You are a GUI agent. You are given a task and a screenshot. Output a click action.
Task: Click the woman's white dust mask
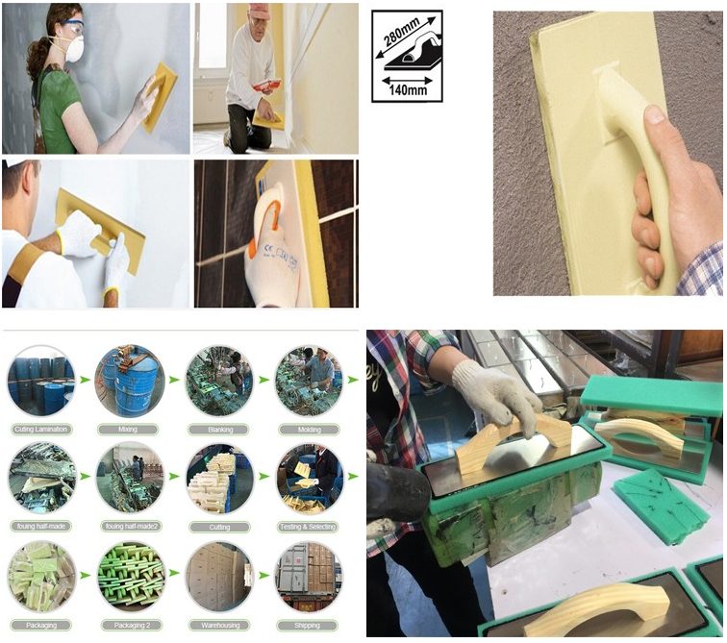[x=74, y=49]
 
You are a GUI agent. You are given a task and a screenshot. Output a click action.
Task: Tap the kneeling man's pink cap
[x=259, y=11]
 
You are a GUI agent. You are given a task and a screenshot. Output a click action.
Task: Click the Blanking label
[x=219, y=429]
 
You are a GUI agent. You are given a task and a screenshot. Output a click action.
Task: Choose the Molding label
[x=309, y=429]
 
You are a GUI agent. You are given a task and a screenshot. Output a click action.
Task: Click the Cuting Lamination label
[x=40, y=429]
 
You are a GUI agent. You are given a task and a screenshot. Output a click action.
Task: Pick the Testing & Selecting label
[x=309, y=528]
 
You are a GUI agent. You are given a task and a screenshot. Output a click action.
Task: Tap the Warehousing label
[x=219, y=624]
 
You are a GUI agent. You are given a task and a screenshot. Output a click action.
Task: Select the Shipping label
[x=309, y=624]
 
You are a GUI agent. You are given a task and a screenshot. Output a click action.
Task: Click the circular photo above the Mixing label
[x=130, y=381]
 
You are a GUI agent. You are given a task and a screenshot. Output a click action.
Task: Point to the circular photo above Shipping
[x=309, y=577]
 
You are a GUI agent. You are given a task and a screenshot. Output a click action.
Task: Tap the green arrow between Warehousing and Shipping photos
[x=263, y=578]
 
